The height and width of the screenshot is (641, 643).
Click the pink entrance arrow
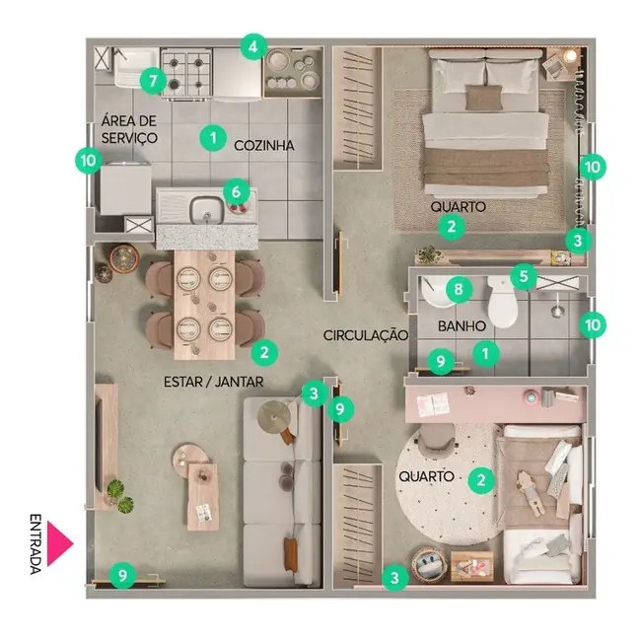(61, 542)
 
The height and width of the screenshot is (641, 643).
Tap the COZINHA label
(264, 145)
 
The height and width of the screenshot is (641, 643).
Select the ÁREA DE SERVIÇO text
(128, 129)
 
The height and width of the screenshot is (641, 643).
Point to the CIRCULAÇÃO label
(365, 335)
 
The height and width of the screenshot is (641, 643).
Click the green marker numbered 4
(253, 46)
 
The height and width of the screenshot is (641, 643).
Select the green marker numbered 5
(523, 278)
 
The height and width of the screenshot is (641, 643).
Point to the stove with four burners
(187, 71)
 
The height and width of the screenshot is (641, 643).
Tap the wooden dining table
(204, 303)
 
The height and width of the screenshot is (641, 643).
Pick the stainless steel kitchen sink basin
(206, 208)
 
